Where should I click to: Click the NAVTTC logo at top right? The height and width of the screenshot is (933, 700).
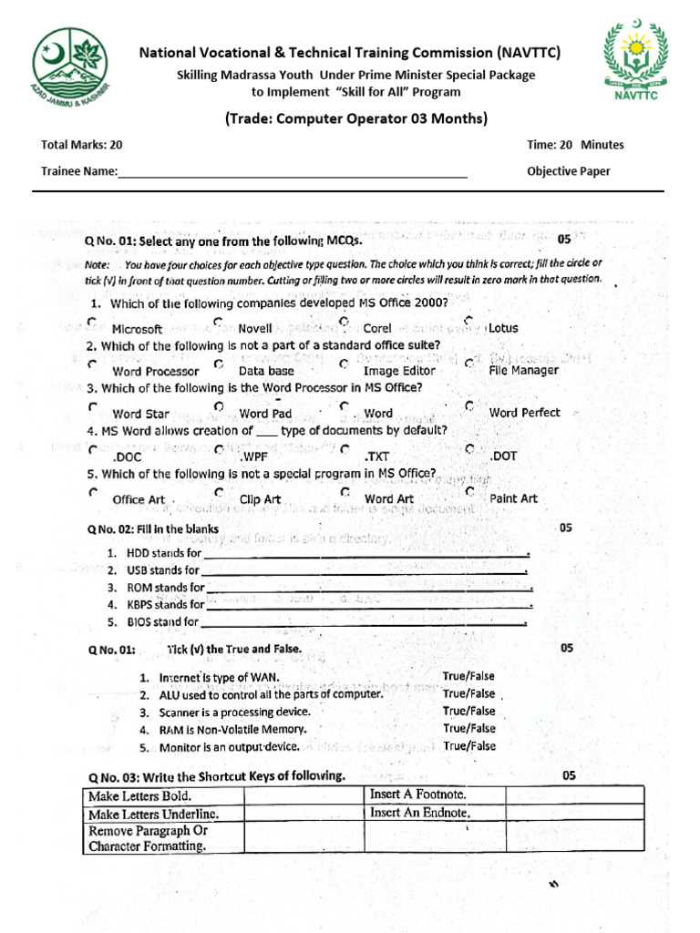pyautogui.click(x=634, y=60)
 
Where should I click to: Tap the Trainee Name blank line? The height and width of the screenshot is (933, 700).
pyautogui.click(x=293, y=173)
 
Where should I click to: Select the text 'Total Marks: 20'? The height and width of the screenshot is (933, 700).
pyautogui.click(x=81, y=145)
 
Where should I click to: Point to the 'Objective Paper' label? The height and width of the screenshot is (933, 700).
pyautogui.click(x=569, y=171)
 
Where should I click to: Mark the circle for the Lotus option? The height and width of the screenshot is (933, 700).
pyautogui.click(x=468, y=321)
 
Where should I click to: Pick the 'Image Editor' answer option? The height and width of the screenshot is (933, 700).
pyautogui.click(x=398, y=371)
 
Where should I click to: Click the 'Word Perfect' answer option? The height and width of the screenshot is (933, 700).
pyautogui.click(x=524, y=413)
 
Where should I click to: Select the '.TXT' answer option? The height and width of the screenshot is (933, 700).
pyautogui.click(x=377, y=456)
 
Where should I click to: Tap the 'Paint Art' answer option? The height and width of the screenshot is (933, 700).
pyautogui.click(x=513, y=498)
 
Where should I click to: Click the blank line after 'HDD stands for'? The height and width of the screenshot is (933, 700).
pyautogui.click(x=365, y=554)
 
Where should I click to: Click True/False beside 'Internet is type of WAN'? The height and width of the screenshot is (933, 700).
pyautogui.click(x=468, y=676)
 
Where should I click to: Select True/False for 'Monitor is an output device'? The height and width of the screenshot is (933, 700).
pyautogui.click(x=468, y=745)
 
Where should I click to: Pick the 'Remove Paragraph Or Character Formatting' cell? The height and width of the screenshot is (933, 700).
pyautogui.click(x=148, y=838)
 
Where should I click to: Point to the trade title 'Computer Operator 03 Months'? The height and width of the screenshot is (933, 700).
pyautogui.click(x=355, y=118)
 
